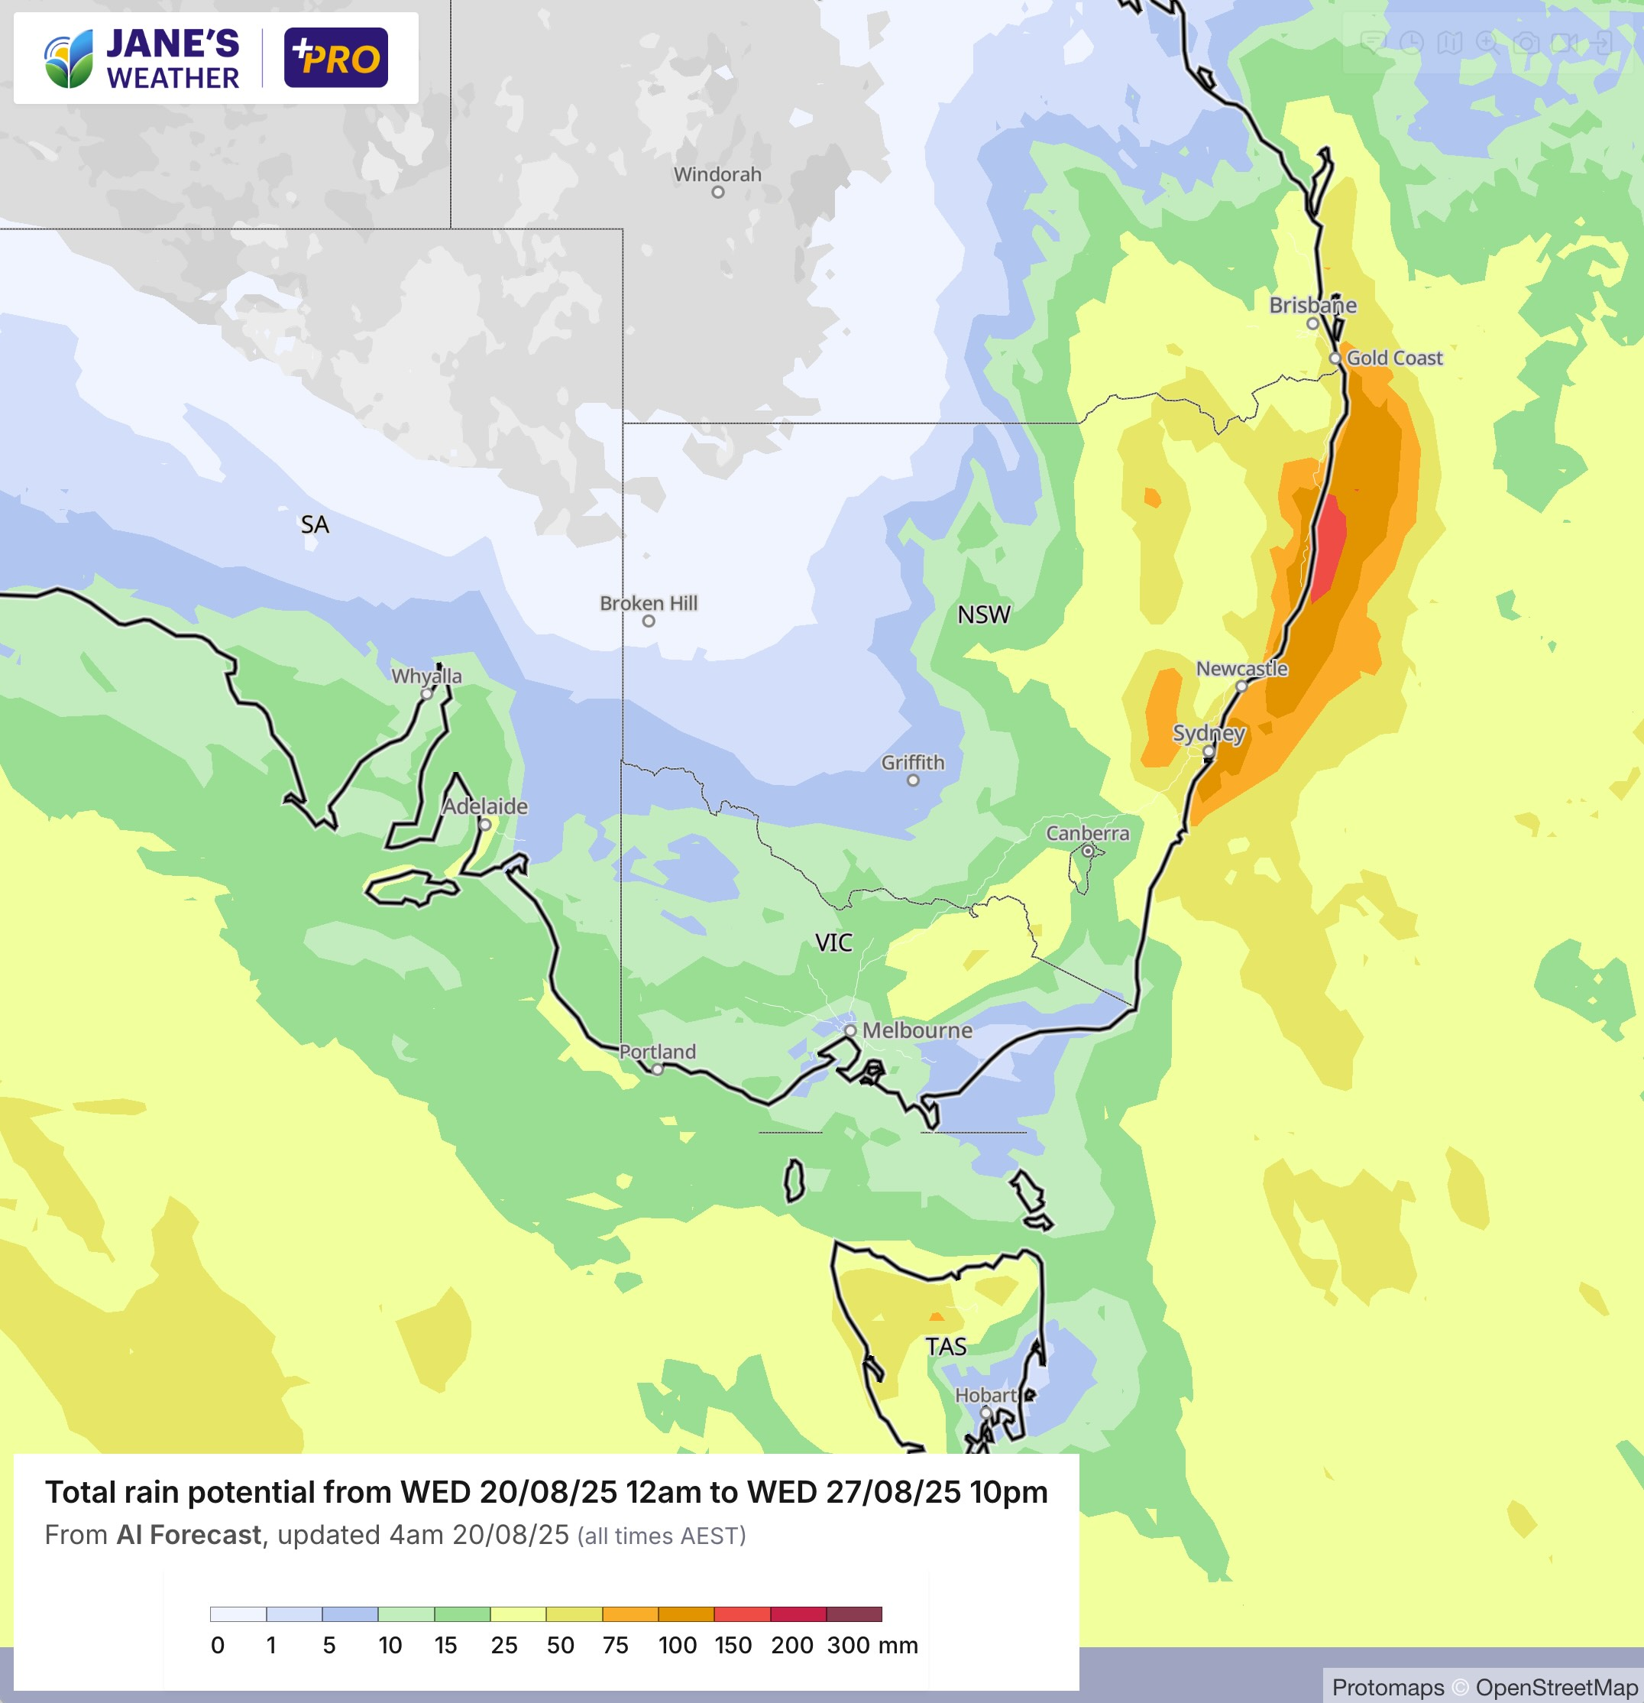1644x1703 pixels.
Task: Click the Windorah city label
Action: pyautogui.click(x=717, y=174)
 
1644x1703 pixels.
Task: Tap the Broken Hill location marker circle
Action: pyautogui.click(x=649, y=621)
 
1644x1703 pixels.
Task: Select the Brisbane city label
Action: pyautogui.click(x=1312, y=305)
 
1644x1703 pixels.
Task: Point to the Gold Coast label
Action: pyautogui.click(x=1394, y=358)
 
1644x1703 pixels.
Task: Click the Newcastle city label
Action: pyautogui.click(x=1241, y=668)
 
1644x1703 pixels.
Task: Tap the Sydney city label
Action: pyautogui.click(x=1209, y=732)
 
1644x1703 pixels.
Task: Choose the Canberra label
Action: pyautogui.click(x=1087, y=833)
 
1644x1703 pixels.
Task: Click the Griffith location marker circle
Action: pyautogui.click(x=913, y=780)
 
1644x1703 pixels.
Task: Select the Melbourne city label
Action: pyautogui.click(x=916, y=1030)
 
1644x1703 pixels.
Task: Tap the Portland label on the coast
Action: pyautogui.click(x=658, y=1051)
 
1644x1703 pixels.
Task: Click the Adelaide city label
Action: pyautogui.click(x=484, y=806)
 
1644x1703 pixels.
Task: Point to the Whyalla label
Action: pyautogui.click(x=426, y=676)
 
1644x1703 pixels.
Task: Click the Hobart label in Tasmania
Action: pyautogui.click(x=985, y=1394)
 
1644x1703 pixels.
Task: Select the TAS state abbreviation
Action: pyautogui.click(x=946, y=1347)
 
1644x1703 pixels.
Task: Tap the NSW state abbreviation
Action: pyautogui.click(x=984, y=615)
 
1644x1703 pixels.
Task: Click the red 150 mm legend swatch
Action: pyautogui.click(x=742, y=1614)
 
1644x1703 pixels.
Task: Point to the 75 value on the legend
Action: pyautogui.click(x=615, y=1645)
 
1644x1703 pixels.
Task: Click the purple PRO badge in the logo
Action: pyautogui.click(x=336, y=58)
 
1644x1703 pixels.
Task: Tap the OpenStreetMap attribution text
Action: pyautogui.click(x=1556, y=1688)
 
